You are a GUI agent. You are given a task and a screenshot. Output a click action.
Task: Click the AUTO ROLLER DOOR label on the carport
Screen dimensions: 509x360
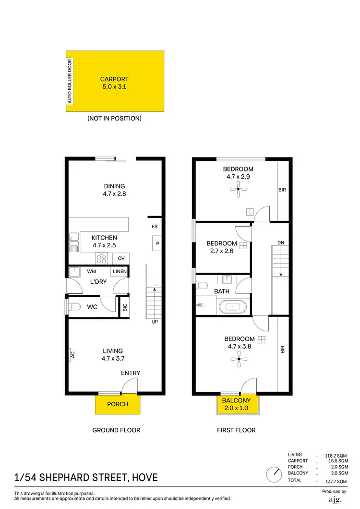point(70,81)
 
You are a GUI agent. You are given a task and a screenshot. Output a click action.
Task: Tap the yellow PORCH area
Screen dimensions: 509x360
point(118,404)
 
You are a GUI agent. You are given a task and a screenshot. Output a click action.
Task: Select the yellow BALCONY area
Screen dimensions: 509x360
point(236,404)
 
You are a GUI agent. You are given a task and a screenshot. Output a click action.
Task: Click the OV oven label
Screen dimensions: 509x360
point(121,258)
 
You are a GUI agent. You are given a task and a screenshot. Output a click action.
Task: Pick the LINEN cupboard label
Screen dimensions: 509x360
point(120,272)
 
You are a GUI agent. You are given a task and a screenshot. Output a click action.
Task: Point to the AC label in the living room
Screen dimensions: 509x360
point(73,355)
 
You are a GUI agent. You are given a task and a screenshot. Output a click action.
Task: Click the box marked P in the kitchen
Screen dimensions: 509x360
point(157,243)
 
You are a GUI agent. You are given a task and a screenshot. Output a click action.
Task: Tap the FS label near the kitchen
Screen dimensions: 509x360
point(155,226)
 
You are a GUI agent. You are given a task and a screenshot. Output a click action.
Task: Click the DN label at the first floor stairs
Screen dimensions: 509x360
point(281,243)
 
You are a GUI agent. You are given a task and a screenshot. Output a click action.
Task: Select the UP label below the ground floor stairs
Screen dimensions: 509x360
point(155,321)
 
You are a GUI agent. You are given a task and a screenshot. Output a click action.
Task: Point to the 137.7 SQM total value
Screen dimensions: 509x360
point(336,481)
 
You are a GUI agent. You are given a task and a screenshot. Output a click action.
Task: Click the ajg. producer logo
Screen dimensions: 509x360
point(334,500)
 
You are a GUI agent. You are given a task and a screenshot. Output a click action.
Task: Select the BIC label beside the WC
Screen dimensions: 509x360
point(125,308)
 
